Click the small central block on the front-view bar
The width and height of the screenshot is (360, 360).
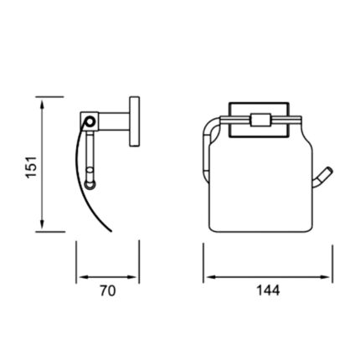point(259,119)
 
